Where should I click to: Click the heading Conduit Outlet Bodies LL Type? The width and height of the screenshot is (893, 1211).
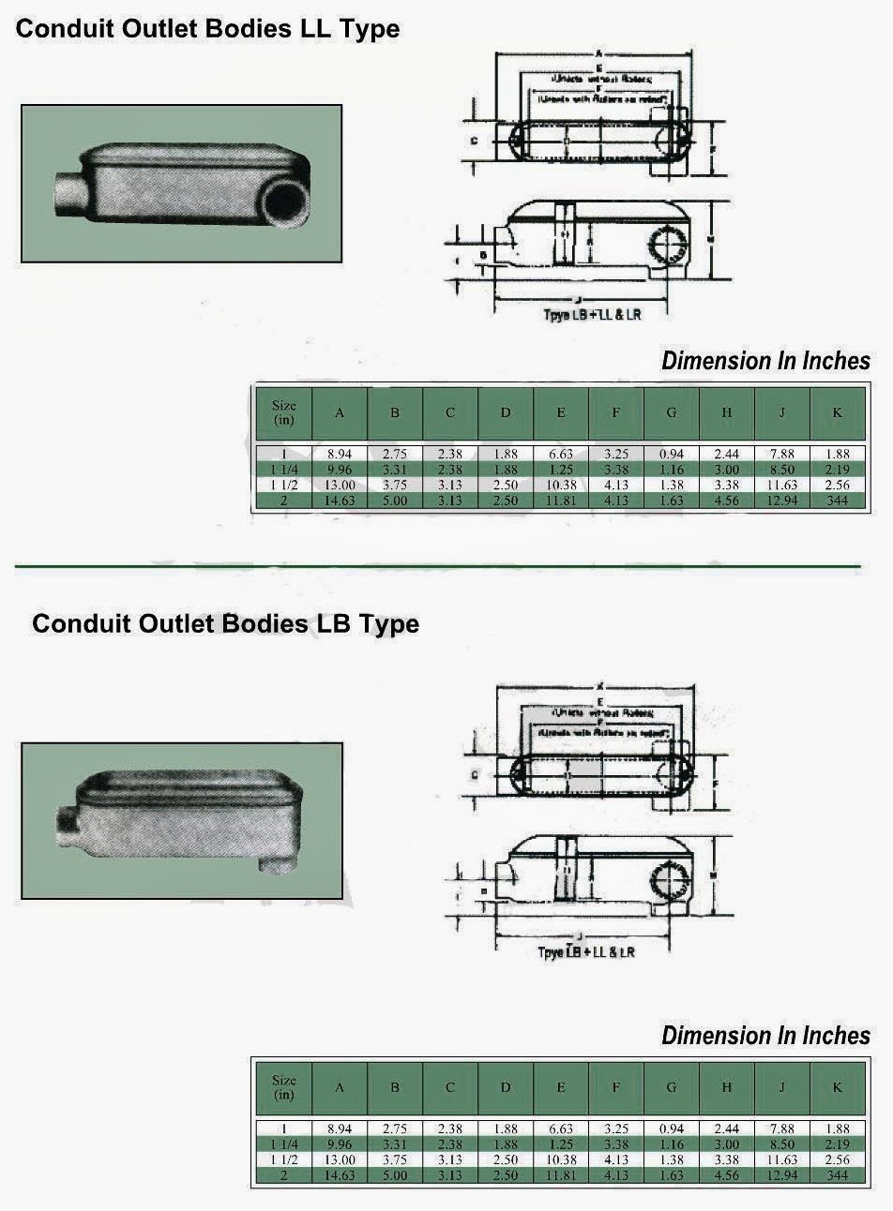208,29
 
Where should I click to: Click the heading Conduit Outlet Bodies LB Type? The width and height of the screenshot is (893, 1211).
225,623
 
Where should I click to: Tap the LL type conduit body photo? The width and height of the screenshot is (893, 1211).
181,183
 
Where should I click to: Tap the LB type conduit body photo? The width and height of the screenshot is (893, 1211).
181,820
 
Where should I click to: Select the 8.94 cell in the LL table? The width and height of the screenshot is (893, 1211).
340,454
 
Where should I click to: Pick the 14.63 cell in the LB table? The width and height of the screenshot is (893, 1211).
340,1174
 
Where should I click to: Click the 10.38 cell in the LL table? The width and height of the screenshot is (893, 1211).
561,485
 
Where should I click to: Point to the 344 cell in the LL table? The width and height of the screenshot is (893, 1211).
837,501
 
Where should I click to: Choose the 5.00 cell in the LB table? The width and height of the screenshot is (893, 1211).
395,1174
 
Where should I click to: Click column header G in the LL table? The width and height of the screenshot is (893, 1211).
672,412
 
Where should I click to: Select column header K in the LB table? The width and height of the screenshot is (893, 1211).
837,1087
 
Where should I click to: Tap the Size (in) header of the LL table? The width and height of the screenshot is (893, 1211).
283,412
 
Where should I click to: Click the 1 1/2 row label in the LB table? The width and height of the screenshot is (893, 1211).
283,1159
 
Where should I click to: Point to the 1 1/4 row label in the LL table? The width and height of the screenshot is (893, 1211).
283,470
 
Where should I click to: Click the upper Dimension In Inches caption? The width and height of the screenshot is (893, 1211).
765,361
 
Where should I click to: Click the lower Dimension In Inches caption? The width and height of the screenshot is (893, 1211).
765,1036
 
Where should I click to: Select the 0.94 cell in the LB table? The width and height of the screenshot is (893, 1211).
672,1129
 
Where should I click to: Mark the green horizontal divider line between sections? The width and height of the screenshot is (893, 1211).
437,566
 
